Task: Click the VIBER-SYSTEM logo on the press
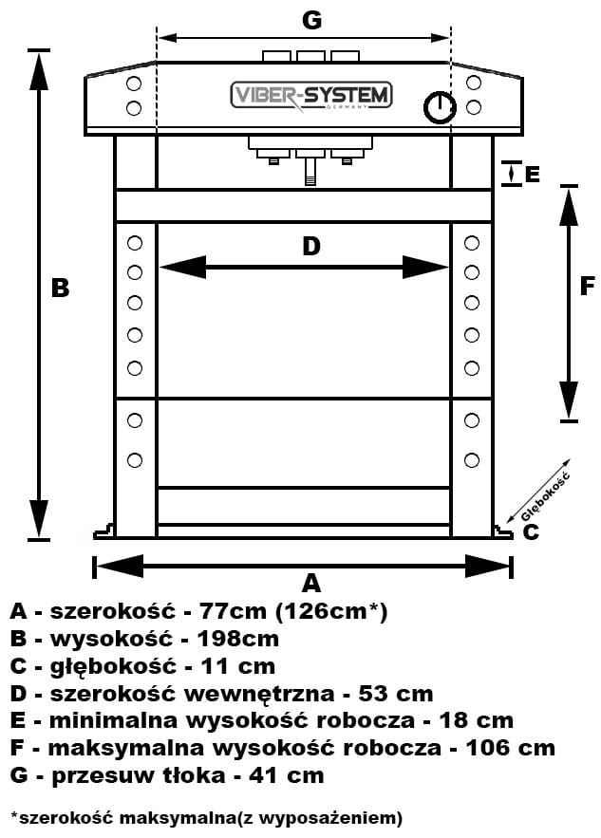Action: [x=310, y=96]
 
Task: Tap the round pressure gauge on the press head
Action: [x=438, y=106]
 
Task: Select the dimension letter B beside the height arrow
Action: [x=60, y=288]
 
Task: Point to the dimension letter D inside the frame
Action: [x=310, y=247]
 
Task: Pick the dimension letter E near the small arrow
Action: [x=532, y=175]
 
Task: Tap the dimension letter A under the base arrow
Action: [x=310, y=582]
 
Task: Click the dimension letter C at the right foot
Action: [x=531, y=531]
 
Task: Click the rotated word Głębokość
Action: [x=545, y=497]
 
